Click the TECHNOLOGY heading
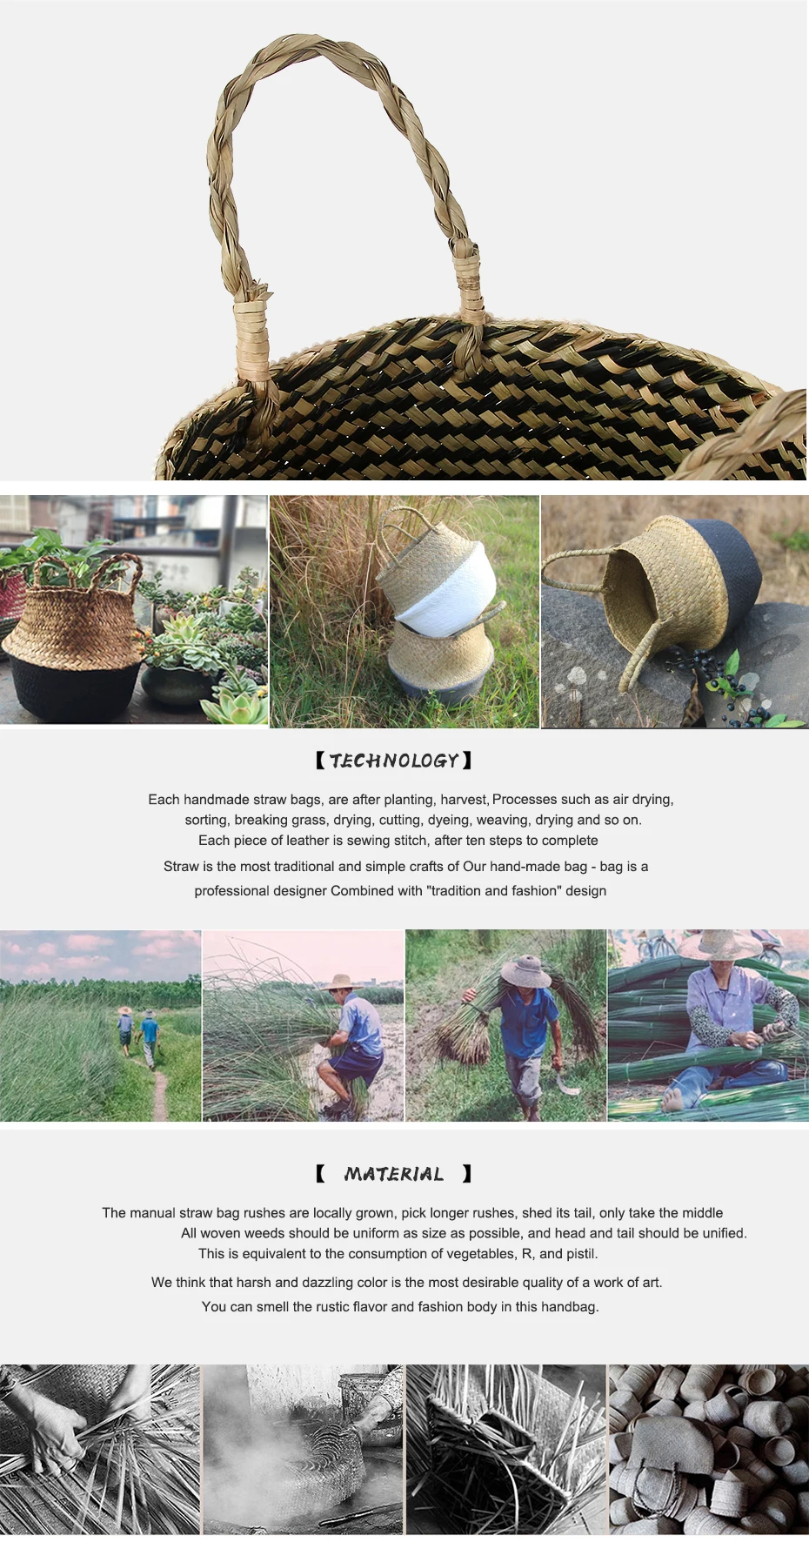coord(393,761)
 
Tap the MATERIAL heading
coord(393,1174)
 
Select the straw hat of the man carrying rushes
coord(525,970)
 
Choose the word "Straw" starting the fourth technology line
coord(181,866)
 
